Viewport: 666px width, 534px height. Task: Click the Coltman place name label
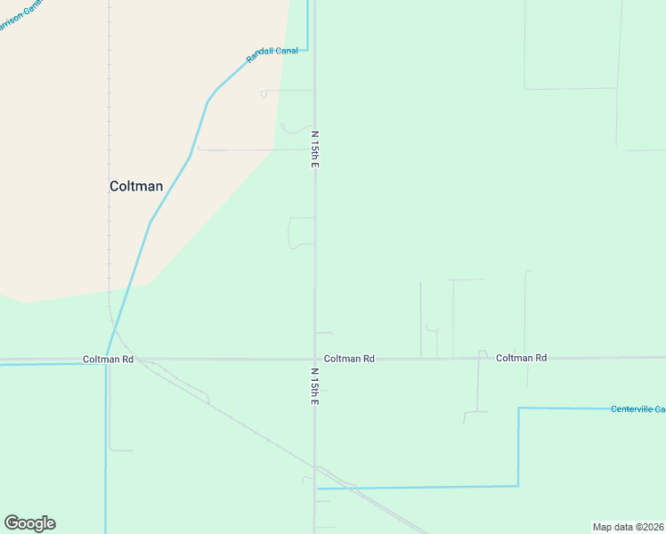tap(136, 186)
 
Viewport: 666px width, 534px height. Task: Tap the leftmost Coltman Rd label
tap(108, 360)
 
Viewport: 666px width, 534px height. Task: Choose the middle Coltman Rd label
tap(349, 359)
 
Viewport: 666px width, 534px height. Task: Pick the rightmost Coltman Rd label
tap(521, 358)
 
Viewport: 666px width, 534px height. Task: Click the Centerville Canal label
tap(638, 409)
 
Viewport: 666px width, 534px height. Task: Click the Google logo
tap(29, 523)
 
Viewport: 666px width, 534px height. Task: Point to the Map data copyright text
tap(629, 527)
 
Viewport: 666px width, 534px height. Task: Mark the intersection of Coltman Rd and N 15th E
tap(314, 359)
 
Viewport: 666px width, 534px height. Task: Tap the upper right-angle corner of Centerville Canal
tap(519, 409)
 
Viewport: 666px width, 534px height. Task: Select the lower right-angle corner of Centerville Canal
tap(518, 485)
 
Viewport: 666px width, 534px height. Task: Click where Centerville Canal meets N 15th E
tap(317, 488)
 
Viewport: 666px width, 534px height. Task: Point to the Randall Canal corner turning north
tap(307, 50)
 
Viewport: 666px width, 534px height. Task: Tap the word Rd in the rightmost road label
tap(540, 358)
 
